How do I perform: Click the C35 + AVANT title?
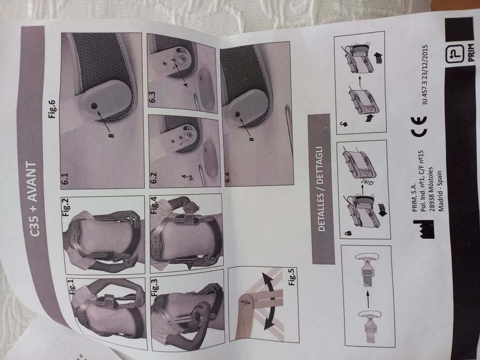[33, 199]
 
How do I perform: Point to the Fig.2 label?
[66, 207]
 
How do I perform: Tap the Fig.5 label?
[292, 277]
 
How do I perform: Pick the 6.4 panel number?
[228, 177]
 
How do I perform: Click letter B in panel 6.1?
[111, 134]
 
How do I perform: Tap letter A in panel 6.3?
[186, 84]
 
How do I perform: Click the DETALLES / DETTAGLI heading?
[322, 189]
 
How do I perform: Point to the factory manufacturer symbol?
[424, 229]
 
